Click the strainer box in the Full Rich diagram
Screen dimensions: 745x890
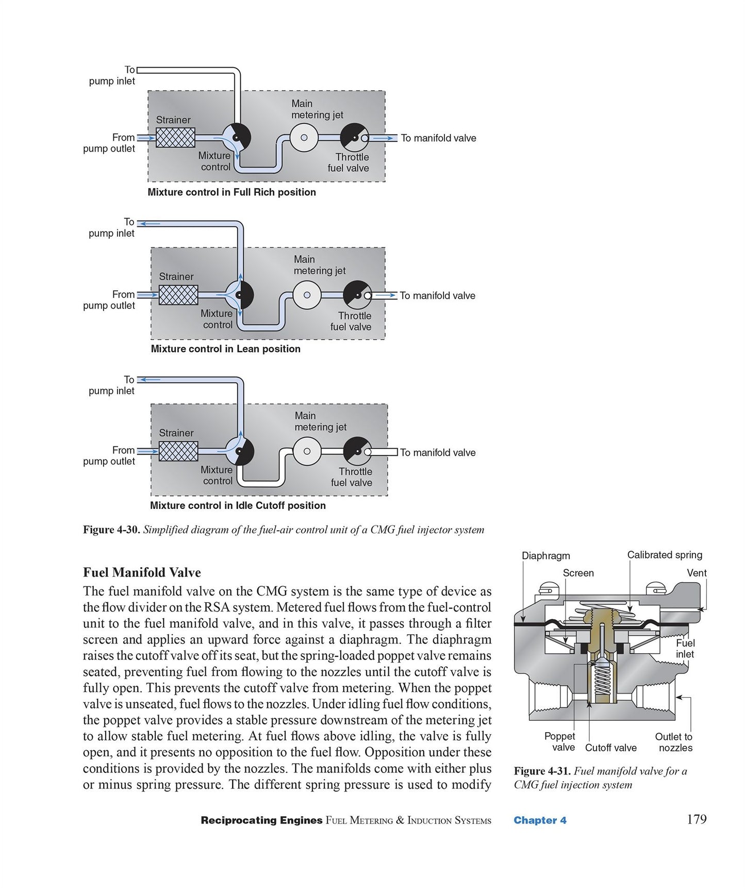click(175, 138)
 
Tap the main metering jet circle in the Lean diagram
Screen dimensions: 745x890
click(307, 295)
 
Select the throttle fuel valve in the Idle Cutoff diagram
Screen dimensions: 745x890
click(357, 451)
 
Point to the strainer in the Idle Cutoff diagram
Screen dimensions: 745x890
click(178, 451)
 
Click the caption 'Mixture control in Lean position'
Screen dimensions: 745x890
click(225, 349)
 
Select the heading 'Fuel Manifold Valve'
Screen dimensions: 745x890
click(142, 572)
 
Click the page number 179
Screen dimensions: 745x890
click(697, 819)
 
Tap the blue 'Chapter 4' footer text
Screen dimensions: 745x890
click(540, 820)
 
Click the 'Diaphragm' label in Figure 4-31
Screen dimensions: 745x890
click(546, 556)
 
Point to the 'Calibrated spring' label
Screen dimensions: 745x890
click(665, 555)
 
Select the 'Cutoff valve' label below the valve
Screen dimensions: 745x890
click(611, 748)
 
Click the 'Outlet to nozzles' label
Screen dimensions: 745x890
click(674, 742)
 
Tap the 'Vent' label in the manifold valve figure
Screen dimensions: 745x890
click(697, 573)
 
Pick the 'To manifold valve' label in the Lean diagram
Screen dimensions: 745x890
click(438, 295)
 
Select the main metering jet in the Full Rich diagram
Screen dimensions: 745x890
click(304, 138)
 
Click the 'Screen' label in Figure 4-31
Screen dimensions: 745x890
click(578, 573)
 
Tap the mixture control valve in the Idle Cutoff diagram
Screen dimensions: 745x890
click(239, 451)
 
